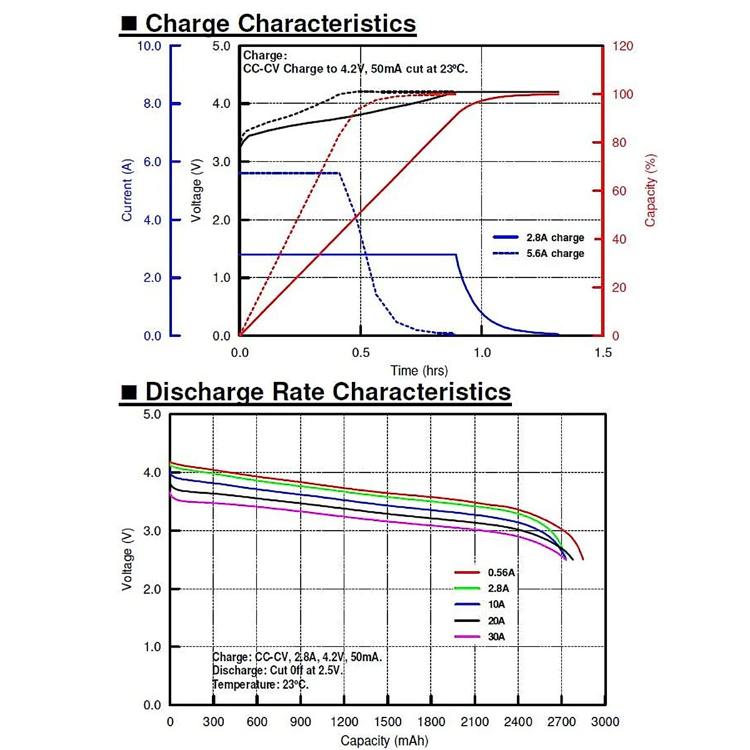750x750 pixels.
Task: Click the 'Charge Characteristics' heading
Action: pos(280,24)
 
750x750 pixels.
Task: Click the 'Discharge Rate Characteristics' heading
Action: pos(327,392)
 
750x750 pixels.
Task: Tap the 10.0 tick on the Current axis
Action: pos(149,46)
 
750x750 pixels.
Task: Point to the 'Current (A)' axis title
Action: pos(127,190)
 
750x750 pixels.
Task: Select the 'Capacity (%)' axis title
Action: pos(651,190)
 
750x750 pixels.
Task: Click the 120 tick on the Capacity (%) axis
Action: pos(622,46)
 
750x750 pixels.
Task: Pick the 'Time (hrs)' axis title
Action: pos(419,371)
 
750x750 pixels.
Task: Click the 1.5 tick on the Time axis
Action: pos(603,352)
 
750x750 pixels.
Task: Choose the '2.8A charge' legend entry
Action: pos(555,237)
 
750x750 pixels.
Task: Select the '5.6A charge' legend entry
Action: pos(555,254)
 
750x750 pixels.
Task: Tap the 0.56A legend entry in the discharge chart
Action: pos(501,572)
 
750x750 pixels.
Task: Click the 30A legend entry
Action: pos(496,637)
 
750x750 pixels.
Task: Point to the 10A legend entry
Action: pos(496,604)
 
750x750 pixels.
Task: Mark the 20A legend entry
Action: pos(496,621)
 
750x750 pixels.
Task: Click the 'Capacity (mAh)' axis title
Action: pos(384,741)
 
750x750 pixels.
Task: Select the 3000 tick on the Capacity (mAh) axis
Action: pos(605,722)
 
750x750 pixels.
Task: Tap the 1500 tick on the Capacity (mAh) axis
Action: pos(387,722)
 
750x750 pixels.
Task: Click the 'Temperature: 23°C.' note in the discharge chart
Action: pos(261,684)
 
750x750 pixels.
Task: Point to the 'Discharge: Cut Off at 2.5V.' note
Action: pos(278,671)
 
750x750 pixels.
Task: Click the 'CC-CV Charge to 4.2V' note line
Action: pos(355,69)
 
